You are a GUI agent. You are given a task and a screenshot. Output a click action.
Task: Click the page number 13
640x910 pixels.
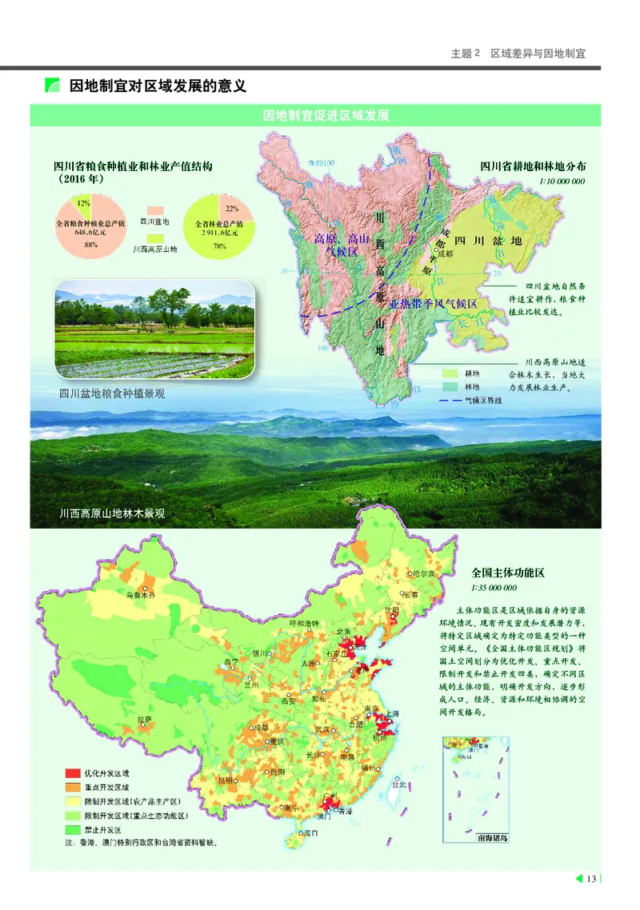point(591,880)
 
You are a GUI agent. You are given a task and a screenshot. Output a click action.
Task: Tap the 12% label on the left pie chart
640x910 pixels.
point(83,204)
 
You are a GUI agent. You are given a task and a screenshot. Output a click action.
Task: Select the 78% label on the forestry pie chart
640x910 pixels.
point(219,246)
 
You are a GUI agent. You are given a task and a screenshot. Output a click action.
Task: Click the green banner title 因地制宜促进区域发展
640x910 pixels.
point(326,115)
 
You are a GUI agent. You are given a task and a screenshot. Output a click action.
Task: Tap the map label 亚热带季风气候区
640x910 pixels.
point(433,304)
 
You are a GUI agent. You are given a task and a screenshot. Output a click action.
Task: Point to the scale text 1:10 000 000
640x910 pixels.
point(562,182)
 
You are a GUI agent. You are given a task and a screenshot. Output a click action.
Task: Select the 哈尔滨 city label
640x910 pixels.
point(422,574)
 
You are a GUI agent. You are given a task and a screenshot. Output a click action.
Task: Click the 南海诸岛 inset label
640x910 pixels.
point(490,838)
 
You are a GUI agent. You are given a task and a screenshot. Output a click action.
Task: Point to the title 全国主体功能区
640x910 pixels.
point(507,573)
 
